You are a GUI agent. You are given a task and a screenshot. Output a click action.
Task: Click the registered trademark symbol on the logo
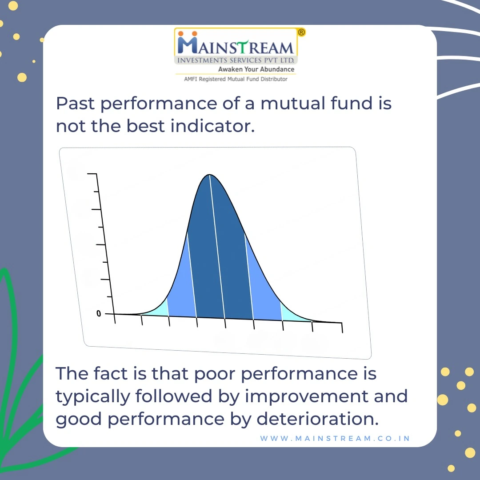coord(301,32)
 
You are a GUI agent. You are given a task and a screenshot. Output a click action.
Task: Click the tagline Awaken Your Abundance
coord(256,69)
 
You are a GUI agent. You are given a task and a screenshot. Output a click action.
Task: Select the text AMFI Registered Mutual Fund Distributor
coord(236,79)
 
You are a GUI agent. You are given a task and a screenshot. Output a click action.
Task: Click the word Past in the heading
coord(75,103)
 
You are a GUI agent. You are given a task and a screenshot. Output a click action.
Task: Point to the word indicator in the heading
coord(212,126)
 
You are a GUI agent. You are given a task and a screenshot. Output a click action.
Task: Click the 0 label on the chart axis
coord(99,313)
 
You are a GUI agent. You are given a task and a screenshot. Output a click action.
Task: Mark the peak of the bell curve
coord(209,175)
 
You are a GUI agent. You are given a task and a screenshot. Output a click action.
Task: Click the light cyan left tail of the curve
coord(158,310)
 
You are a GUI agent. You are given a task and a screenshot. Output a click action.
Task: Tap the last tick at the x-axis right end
coord(342,328)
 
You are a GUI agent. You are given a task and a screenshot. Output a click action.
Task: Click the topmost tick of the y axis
coord(92,174)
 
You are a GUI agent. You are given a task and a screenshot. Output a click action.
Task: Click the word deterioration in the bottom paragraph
coord(317,419)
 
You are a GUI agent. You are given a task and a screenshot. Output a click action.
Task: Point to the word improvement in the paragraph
coord(307,397)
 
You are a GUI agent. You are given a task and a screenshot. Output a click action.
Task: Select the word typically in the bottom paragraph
coord(93,397)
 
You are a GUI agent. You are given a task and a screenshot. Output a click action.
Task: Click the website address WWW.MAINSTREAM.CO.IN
coord(335,438)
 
